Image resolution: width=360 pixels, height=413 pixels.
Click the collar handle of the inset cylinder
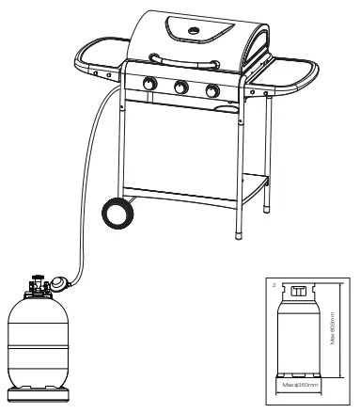pos(299,293)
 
